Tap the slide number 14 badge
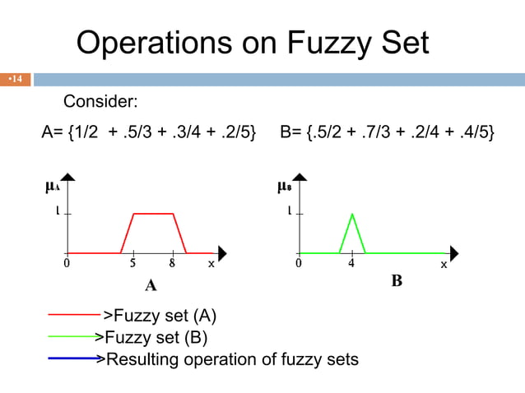point(16,80)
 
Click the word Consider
point(100,102)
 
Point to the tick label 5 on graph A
point(132,265)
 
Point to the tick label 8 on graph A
point(173,265)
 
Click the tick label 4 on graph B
point(351,265)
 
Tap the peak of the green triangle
point(352,215)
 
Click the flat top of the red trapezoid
point(153,214)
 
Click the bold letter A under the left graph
point(151,285)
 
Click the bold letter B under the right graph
point(397,282)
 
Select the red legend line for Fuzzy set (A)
point(74,314)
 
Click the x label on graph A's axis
point(211,264)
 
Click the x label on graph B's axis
point(444,264)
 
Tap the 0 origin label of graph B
point(299,265)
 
